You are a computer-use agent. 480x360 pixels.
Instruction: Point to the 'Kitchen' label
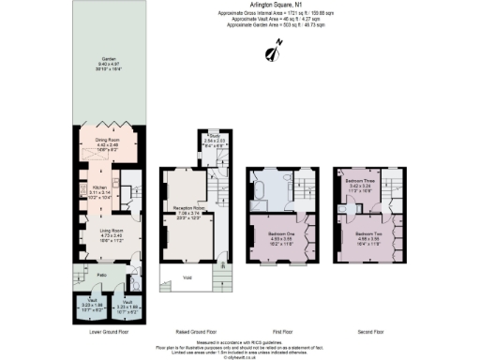[100, 187]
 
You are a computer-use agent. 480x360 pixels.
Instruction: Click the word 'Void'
[187, 277]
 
